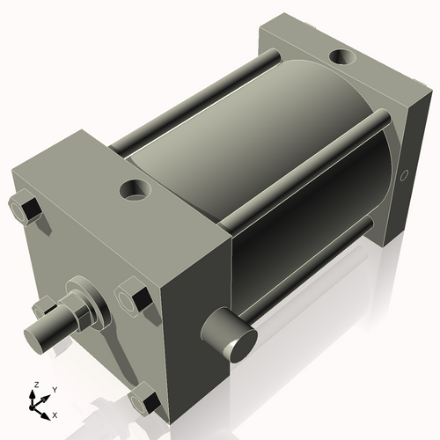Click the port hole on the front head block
(136, 188)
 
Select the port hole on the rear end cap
(341, 59)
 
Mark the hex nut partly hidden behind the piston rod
(44, 308)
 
